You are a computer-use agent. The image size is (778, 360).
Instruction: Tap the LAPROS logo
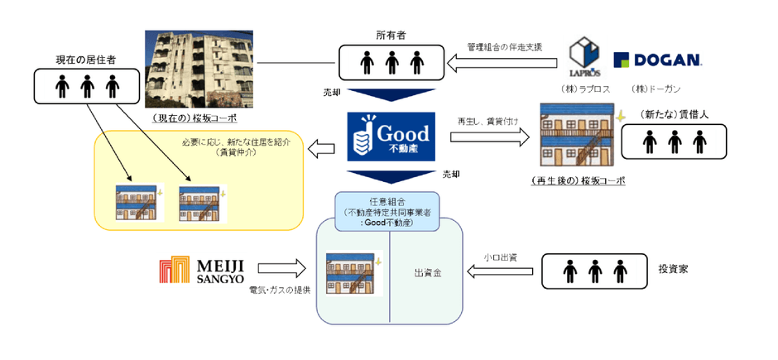coord(589,58)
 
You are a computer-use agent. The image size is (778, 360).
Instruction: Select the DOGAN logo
coord(658,60)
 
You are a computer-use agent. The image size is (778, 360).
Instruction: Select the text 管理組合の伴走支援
coord(504,46)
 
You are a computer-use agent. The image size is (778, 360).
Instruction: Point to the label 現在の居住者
coord(85,60)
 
